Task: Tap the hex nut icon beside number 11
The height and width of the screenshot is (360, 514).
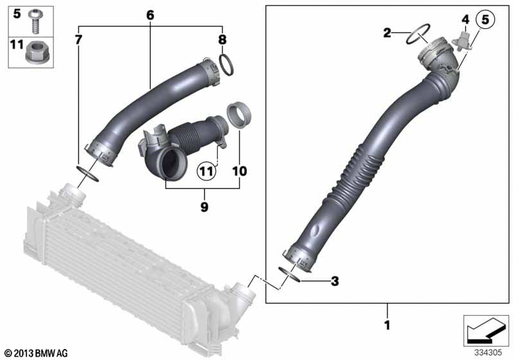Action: click(35, 55)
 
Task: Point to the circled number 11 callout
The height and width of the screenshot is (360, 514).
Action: click(205, 171)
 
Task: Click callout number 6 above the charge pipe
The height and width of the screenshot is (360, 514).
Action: click(150, 14)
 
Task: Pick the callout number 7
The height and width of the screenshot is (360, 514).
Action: click(78, 40)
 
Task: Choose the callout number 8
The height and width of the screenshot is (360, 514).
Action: click(222, 40)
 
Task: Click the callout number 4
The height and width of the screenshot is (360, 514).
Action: click(465, 21)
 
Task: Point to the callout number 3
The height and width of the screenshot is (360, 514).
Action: click(334, 281)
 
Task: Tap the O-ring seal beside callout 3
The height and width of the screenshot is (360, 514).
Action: click(290, 274)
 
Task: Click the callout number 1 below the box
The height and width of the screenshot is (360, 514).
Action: click(386, 326)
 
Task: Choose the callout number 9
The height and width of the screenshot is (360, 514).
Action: click(204, 207)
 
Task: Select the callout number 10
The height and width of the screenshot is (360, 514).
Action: click(240, 172)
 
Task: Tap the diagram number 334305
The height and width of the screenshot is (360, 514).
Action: click(489, 352)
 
